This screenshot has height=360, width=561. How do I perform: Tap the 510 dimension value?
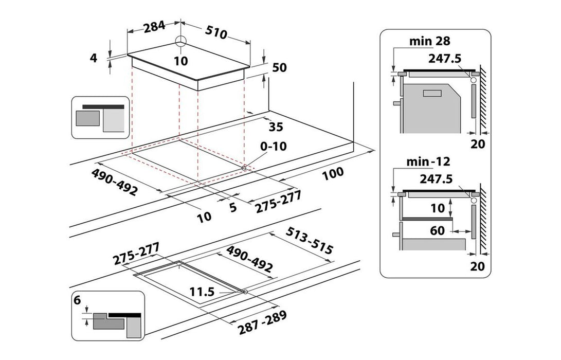click(216, 32)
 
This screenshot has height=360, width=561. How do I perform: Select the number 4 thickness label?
click(93, 58)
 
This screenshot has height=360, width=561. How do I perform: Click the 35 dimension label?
click(276, 126)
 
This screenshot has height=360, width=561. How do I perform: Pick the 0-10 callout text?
click(273, 146)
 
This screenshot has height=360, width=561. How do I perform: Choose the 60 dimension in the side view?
click(437, 230)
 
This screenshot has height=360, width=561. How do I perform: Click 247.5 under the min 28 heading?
click(443, 58)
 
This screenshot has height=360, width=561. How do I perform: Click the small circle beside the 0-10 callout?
click(244, 167)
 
